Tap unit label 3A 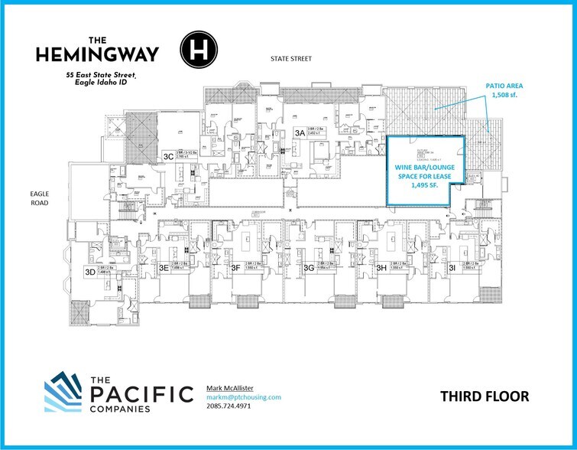pos(300,132)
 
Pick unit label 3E pos(163,268)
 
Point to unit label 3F pos(236,268)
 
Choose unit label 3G pos(308,268)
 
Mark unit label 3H pos(381,268)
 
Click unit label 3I pos(453,268)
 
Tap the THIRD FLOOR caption pos(485,396)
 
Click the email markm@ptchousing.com pos(244,397)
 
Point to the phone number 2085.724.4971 pos(229,406)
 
